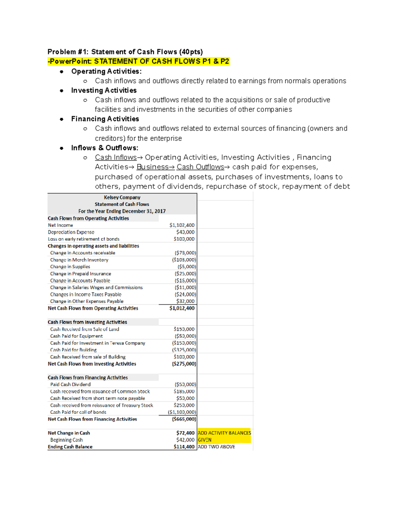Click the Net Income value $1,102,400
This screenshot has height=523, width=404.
pos(182,225)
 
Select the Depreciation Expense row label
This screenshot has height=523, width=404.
pos(71,232)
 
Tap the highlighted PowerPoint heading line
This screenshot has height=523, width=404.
pos(138,61)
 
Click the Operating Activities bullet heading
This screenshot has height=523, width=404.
pos(106,71)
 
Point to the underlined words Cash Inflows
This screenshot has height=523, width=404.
pos(116,158)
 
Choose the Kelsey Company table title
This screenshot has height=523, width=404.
pos(122,197)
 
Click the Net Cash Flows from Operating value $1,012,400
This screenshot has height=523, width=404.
pos(182,308)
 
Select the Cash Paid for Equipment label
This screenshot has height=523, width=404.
pos(76,336)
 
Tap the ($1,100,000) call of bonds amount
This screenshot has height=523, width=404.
pos(182,412)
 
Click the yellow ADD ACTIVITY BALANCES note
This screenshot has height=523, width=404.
pos(224,433)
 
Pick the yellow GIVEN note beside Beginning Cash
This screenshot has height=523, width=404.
pos(205,440)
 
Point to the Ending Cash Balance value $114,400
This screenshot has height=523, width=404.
pos(184,447)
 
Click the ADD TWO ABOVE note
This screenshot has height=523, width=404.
pos(216,447)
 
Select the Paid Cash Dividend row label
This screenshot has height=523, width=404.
pos(70,385)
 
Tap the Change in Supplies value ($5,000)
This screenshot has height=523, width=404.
pos(187,267)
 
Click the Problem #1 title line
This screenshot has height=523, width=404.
pos(125,52)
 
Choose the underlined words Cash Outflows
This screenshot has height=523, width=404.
pos(200,167)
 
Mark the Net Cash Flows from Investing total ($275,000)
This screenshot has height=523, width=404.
pos(184,364)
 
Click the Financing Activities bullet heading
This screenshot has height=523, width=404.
pos(105,119)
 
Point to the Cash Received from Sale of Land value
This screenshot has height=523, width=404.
pos(184,329)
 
